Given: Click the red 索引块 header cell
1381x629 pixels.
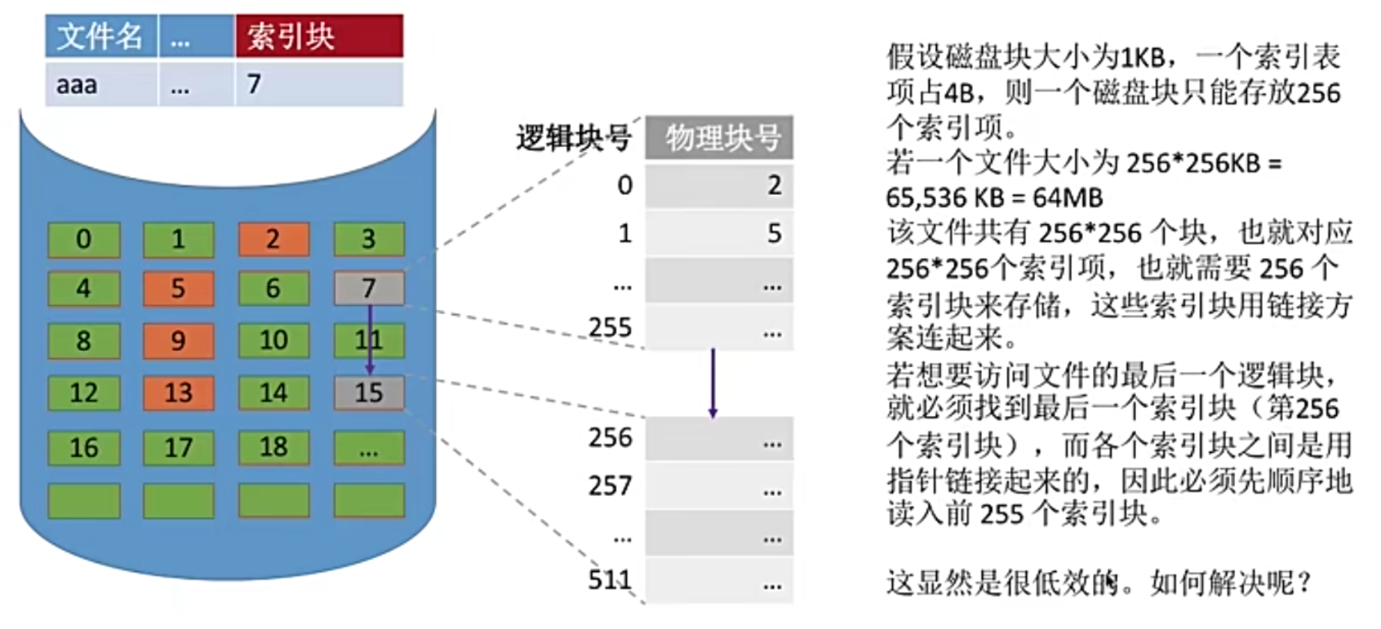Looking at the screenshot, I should click(319, 36).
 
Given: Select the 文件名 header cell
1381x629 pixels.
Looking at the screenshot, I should click(100, 36).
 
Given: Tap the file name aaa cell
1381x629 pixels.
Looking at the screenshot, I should click(100, 84).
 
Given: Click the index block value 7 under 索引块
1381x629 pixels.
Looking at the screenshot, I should click(319, 84).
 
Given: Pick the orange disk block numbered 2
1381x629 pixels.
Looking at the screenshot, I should click(273, 239).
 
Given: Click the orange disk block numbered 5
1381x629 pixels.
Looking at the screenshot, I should click(178, 289).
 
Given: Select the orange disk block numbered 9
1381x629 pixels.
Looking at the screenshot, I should click(178, 340).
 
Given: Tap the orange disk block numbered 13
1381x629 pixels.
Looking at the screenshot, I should click(178, 392).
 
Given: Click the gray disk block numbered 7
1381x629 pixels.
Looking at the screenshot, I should click(369, 288).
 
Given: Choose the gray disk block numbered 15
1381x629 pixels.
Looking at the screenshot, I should click(369, 392).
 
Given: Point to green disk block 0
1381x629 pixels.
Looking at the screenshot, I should click(83, 239).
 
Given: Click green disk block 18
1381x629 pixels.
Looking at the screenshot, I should click(273, 447).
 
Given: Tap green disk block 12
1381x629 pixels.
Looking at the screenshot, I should click(83, 392).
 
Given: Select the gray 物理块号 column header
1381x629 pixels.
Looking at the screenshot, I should click(719, 138).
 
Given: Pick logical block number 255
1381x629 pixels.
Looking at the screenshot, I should click(610, 328).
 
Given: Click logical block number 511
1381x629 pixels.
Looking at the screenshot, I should click(610, 580).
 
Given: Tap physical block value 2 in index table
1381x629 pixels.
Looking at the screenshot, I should click(774, 186).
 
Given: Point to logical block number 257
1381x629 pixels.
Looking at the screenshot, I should click(610, 486).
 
